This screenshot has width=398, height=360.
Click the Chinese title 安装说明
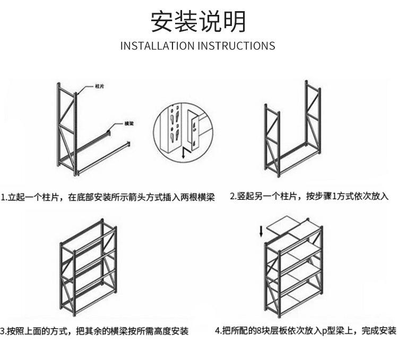click(198, 22)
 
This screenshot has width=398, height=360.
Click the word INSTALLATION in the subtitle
click(158, 46)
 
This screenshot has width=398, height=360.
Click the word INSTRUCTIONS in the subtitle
click(236, 46)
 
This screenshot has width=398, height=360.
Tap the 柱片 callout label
click(99, 85)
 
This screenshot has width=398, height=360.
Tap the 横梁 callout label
click(128, 123)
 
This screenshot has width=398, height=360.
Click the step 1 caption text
click(108, 197)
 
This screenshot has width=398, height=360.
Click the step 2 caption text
click(309, 196)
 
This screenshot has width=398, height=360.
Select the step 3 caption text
click(94, 331)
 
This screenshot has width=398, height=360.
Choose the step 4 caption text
click(306, 331)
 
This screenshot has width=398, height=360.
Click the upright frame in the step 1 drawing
click(67, 127)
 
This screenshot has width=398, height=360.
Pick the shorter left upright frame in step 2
click(272, 141)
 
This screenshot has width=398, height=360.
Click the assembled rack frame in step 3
click(88, 268)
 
